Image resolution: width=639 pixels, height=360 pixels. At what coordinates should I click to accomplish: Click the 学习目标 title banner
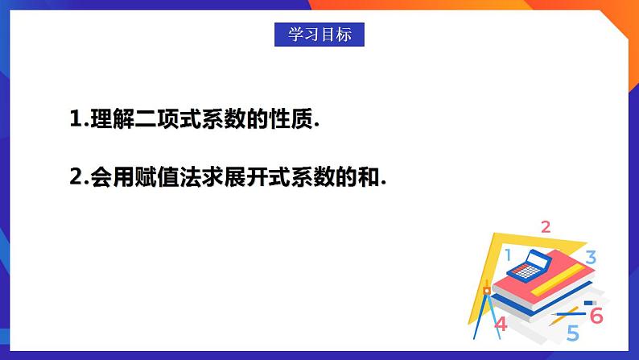click(x=319, y=35)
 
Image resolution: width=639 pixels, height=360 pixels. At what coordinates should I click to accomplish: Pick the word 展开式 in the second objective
click(x=252, y=178)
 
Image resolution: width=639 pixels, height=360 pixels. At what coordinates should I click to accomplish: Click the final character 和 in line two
click(x=369, y=178)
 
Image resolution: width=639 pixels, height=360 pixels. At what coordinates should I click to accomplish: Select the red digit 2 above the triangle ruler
click(x=546, y=227)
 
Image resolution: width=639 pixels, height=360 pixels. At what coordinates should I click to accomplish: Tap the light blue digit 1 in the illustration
click(x=508, y=255)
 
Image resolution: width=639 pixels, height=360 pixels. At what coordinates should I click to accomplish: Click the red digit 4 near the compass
click(x=501, y=325)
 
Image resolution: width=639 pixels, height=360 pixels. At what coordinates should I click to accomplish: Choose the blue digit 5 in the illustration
click(x=572, y=332)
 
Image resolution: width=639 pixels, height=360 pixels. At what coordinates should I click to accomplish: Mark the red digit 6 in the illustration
click(x=596, y=316)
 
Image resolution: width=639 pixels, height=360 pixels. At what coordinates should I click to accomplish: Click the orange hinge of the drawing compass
click(x=485, y=288)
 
